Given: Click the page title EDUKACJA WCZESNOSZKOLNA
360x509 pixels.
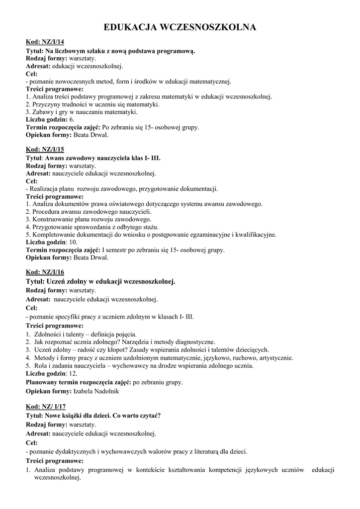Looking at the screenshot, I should (180, 27).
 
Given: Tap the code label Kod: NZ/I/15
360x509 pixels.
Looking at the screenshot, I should (45, 149).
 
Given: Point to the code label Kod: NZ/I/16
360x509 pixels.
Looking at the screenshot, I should (45, 272).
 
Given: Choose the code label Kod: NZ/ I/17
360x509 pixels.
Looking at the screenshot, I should (46, 407).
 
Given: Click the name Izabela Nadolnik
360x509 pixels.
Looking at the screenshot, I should (96, 391).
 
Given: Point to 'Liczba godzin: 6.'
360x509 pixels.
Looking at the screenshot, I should (50, 119).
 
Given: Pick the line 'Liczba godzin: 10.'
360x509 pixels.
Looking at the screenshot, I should (52, 242).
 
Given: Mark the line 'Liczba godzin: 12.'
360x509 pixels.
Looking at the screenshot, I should (52, 373).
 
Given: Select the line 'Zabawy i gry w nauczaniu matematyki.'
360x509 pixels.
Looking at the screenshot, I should (81, 112).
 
